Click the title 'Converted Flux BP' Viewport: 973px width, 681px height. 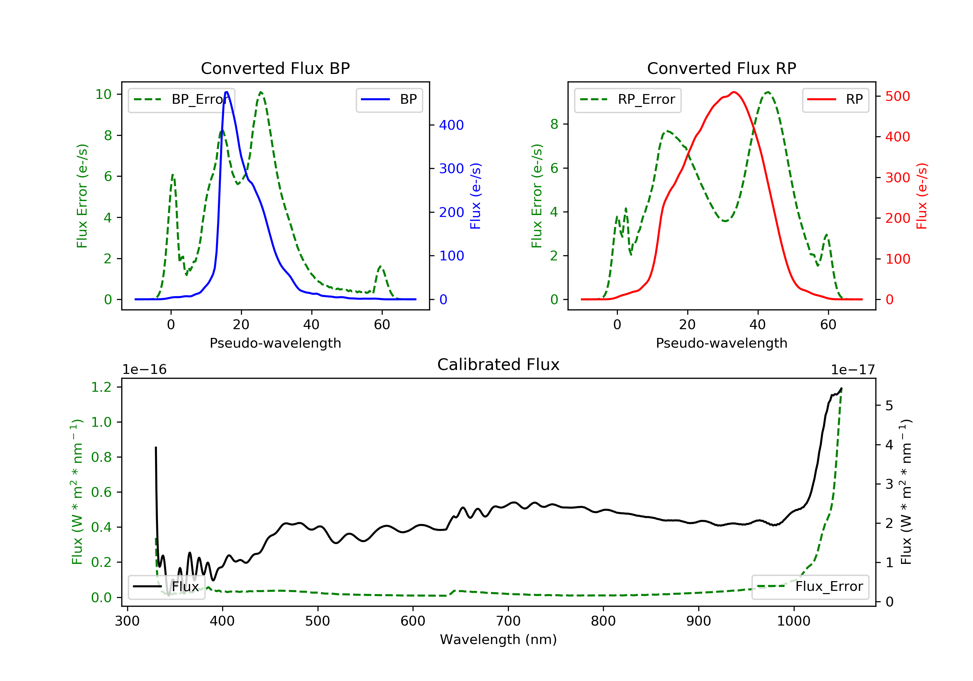click(275, 68)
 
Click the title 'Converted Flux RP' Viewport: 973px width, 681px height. click(721, 68)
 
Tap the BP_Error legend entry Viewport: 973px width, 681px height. click(181, 100)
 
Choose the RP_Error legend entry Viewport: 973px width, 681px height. click(628, 100)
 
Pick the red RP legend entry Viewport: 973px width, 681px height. click(835, 100)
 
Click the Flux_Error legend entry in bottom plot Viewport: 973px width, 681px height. click(810, 587)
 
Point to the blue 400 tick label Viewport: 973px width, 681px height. click(451, 125)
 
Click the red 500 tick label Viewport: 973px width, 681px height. click(897, 96)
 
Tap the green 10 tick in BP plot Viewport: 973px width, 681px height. click(103, 94)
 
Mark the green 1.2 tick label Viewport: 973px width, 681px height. click(101, 387)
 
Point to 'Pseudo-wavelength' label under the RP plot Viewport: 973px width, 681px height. click(721, 343)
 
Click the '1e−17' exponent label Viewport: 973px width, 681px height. click(853, 370)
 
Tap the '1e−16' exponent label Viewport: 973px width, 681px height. click(145, 370)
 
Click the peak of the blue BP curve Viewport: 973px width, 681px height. click(227, 92)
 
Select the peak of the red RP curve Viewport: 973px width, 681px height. click(734, 92)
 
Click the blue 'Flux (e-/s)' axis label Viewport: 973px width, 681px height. click(475, 196)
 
